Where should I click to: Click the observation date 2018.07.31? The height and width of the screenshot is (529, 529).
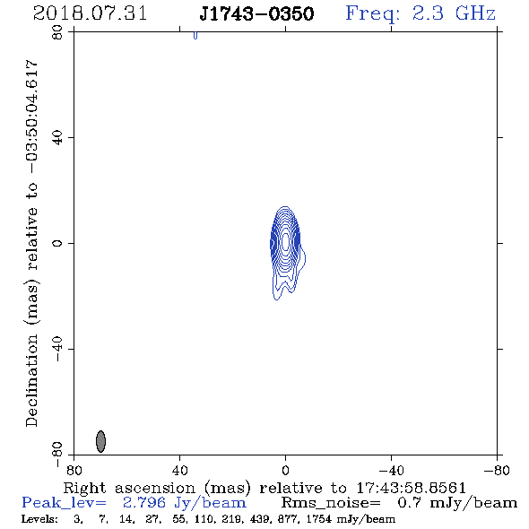coord(90,13)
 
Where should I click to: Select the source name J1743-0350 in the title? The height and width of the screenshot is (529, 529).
coord(256,13)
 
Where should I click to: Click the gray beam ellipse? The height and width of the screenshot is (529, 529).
coord(100,441)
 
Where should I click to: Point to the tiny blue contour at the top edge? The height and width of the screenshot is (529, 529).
coord(195,35)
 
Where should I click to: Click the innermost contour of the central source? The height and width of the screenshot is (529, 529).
coord(285,241)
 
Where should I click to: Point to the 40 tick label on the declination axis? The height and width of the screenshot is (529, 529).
coord(57,138)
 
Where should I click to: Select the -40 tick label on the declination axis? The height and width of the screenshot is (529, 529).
coord(57,349)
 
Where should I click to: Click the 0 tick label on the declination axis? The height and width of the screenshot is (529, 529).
coord(57,243)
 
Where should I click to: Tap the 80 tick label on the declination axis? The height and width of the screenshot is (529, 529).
coord(57,32)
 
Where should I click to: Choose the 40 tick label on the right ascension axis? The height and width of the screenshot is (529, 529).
coord(179,470)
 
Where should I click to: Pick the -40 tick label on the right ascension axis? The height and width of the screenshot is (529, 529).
coord(391,470)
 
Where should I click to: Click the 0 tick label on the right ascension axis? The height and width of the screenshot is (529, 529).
coord(285,470)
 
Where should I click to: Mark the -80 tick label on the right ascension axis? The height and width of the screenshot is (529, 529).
coord(497,470)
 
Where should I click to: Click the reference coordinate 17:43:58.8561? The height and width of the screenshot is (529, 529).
coord(411,488)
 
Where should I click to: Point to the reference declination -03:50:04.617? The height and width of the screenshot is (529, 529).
coord(32,117)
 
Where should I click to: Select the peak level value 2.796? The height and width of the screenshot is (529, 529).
coord(144,503)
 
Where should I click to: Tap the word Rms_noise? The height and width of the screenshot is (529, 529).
coord(331,503)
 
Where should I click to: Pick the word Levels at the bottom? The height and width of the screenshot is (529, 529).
coord(39,518)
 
